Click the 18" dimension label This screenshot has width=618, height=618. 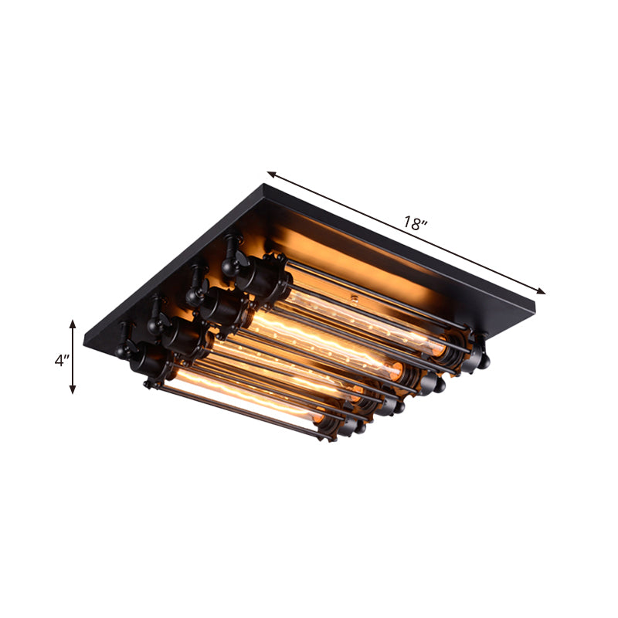[416, 224]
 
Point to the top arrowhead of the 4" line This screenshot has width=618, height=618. [73, 324]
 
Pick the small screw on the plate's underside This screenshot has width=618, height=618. [357, 297]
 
